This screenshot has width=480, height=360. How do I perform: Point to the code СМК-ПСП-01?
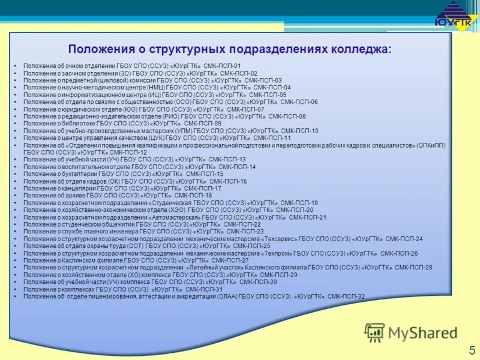click(222, 65)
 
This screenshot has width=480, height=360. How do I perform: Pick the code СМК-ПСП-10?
click(299, 130)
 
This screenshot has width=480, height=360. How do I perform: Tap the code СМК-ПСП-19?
click(299, 203)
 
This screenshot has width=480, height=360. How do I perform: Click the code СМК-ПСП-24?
click(404, 239)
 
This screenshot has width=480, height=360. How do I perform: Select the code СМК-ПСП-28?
click(413, 268)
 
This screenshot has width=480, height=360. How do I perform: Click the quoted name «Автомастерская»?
click(174, 217)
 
